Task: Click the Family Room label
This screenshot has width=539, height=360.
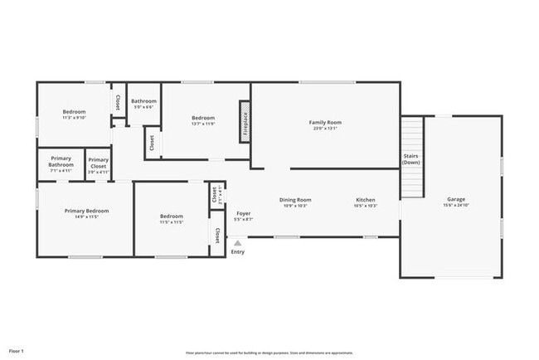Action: tap(326, 123)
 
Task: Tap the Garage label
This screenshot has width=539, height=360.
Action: tap(455, 199)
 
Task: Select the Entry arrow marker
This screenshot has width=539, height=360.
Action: tap(238, 244)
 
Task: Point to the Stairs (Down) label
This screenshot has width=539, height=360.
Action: tap(411, 158)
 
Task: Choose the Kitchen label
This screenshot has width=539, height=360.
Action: tap(366, 199)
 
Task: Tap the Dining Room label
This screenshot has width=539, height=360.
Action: tap(294, 199)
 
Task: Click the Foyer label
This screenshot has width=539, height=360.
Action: tap(243, 214)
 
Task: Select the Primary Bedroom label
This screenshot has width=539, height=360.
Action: tap(86, 211)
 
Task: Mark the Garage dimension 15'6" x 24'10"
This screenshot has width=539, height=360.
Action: tap(455, 204)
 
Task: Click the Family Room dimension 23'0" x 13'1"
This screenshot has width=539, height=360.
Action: tap(326, 128)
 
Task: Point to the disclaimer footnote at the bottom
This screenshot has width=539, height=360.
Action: tap(269, 353)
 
